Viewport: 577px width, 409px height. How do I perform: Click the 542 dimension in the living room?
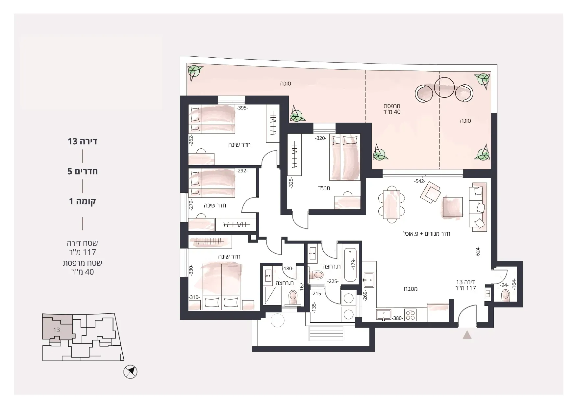point(420,182)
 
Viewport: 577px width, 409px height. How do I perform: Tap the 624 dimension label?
point(478,252)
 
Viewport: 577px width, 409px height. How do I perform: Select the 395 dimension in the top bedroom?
point(242,108)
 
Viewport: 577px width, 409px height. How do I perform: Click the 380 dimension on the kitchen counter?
point(397,318)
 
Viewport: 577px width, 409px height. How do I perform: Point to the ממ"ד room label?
point(324,188)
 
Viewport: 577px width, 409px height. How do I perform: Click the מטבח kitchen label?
point(411,289)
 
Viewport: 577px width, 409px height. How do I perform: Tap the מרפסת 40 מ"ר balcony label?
point(392,109)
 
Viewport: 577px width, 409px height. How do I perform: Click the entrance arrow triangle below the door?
point(467,336)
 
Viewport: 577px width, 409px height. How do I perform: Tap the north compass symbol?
point(130,372)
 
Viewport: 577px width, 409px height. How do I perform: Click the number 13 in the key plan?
point(57,330)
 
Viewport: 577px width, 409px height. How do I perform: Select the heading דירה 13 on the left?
point(83,141)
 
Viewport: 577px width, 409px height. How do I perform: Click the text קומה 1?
point(83,201)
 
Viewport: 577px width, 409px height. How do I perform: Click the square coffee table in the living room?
point(453,207)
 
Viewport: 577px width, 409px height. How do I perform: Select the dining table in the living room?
point(391,205)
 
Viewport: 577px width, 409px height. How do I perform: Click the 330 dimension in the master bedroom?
point(191,270)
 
